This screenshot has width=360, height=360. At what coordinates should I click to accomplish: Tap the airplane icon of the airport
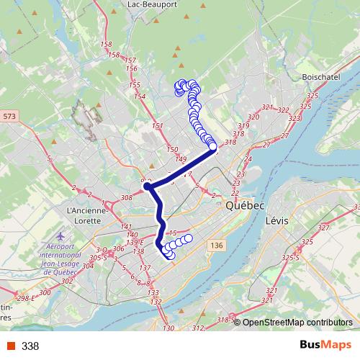pyautogui.click(x=59, y=235)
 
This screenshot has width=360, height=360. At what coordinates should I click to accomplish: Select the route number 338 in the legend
pyautogui.click(x=30, y=346)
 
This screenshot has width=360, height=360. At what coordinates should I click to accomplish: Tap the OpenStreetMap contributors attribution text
pyautogui.click(x=297, y=323)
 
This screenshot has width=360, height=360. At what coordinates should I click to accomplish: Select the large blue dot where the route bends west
pyautogui.click(x=147, y=186)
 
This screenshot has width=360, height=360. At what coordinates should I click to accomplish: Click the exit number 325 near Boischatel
pyautogui.click(x=312, y=96)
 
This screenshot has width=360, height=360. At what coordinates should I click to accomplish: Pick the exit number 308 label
pyautogui.click(x=128, y=197)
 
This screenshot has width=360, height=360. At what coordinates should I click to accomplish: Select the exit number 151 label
pyautogui.click(x=158, y=126)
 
